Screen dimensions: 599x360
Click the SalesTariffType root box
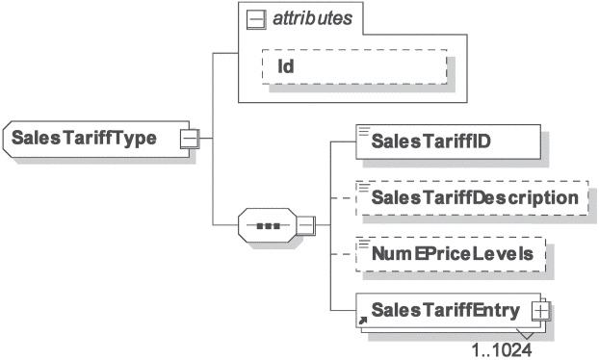(96, 139)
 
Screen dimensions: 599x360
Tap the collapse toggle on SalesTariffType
(190, 139)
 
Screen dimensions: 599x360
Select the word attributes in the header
(312, 18)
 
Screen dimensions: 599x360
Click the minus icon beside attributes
(256, 19)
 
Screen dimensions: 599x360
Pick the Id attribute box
(354, 66)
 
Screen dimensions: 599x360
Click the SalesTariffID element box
(448, 141)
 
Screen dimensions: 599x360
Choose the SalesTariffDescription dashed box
(472, 197)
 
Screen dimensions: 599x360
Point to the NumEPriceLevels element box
(451, 254)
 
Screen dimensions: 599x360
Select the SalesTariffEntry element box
(448, 310)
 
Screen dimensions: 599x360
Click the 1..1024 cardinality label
(501, 349)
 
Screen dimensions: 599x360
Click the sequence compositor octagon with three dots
(268, 225)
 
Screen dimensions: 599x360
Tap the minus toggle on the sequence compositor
(306, 225)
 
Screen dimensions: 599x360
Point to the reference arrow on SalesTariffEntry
(362, 321)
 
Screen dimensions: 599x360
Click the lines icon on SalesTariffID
(364, 131)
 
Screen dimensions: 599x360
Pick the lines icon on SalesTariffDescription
(364, 187)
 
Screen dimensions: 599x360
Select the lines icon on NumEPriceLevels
(364, 244)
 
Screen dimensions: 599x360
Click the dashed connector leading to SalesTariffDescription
(343, 198)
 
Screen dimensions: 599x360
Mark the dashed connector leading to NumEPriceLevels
(343, 254)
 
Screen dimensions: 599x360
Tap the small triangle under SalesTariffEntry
(526, 333)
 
